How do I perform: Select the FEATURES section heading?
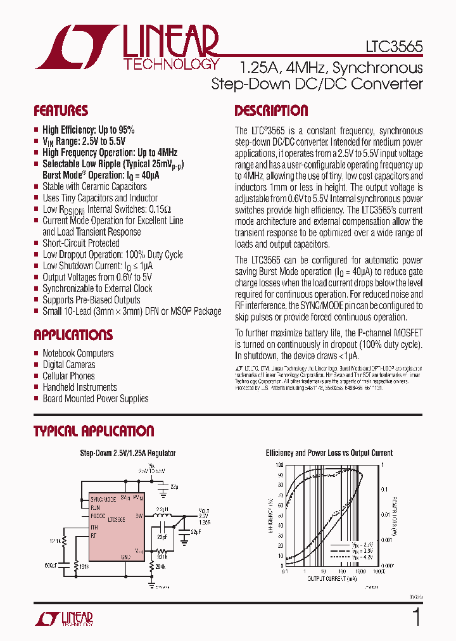click(x=61, y=111)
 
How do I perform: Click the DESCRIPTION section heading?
click(x=271, y=111)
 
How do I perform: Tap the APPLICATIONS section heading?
click(x=73, y=335)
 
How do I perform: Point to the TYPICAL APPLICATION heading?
click(x=94, y=431)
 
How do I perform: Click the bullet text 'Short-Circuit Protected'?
click(x=80, y=243)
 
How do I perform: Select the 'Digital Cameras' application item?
click(x=68, y=365)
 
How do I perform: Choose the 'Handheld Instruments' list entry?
click(x=79, y=388)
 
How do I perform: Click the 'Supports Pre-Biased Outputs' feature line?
click(x=91, y=300)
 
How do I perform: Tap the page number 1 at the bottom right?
click(x=416, y=617)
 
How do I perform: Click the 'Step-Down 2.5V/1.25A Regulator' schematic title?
click(x=127, y=454)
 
